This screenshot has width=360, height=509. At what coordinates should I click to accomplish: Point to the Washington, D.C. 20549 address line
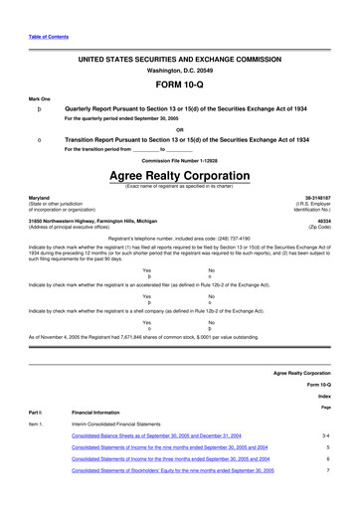click(x=179, y=71)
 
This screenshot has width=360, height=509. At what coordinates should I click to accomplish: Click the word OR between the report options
click(x=179, y=129)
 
